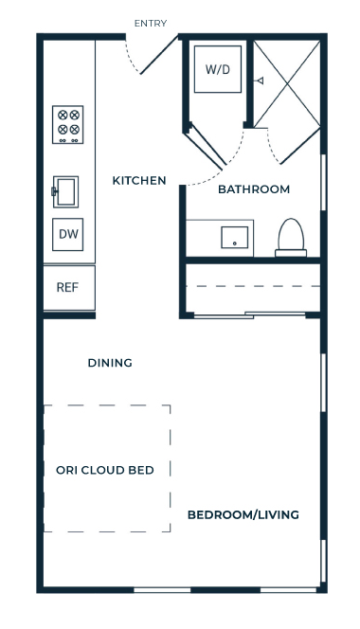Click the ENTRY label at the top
(x=151, y=24)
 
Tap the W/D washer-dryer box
(x=218, y=69)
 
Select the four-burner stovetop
(x=68, y=124)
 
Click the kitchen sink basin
(x=65, y=191)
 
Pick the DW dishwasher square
(x=68, y=234)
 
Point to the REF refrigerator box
(x=69, y=287)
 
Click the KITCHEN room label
(x=139, y=181)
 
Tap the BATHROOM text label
(x=254, y=189)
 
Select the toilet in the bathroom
(x=291, y=238)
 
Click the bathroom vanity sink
(x=235, y=237)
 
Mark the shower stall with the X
(x=287, y=83)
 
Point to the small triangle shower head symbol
(x=261, y=81)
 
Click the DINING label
(x=110, y=363)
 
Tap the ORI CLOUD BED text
(x=105, y=470)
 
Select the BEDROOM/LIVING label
(x=243, y=514)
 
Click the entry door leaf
(x=159, y=55)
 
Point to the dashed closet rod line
(x=253, y=286)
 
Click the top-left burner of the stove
(x=63, y=116)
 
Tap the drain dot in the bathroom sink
(x=235, y=243)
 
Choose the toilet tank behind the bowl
(x=291, y=253)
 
